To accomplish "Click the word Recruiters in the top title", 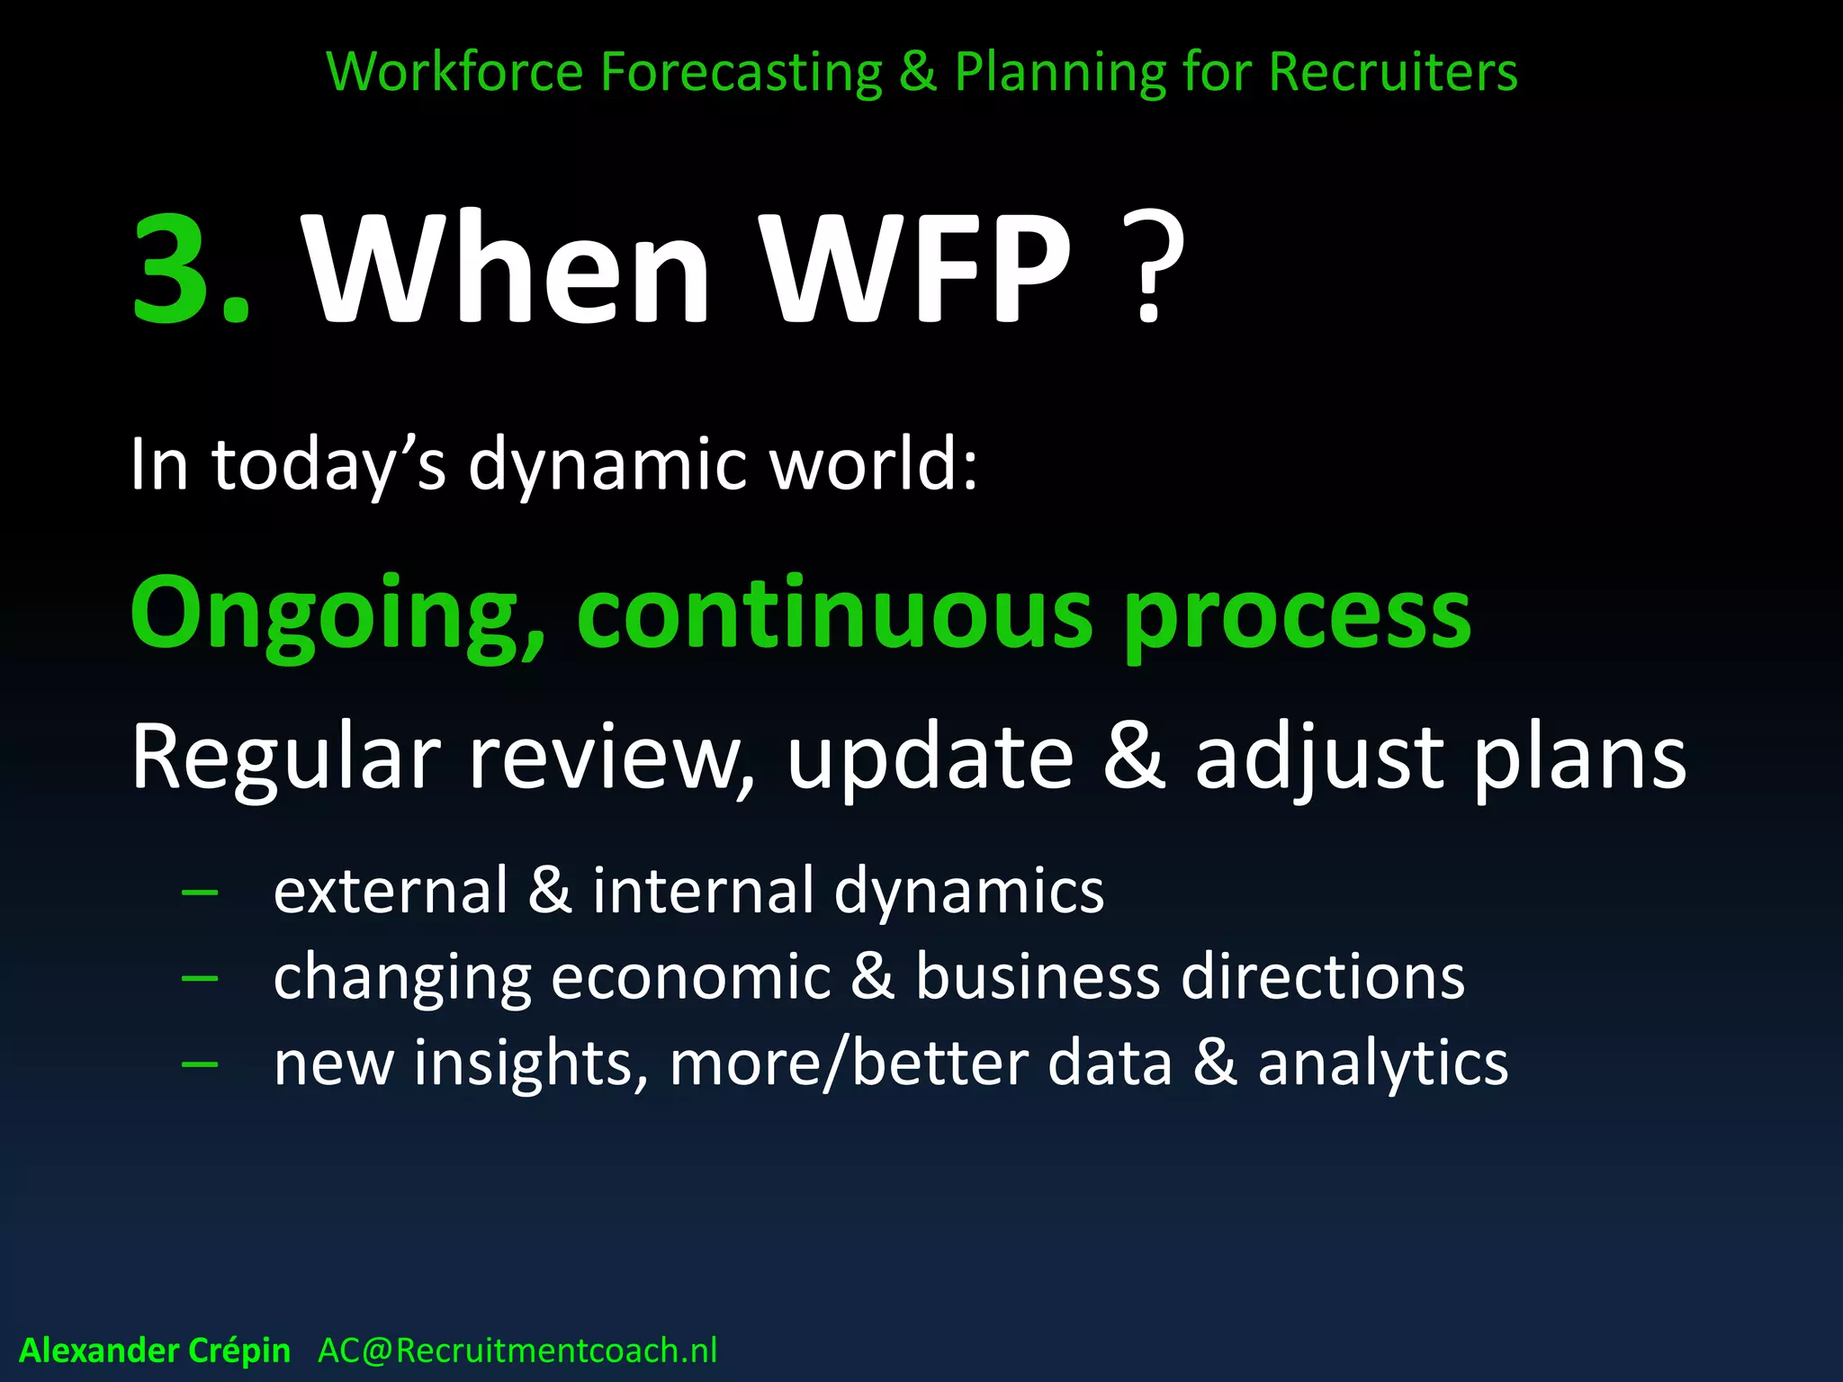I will [x=1393, y=72].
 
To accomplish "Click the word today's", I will [x=328, y=466].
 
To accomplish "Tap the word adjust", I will [x=1319, y=758].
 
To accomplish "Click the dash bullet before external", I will [x=200, y=892].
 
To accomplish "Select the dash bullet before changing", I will [x=200, y=978].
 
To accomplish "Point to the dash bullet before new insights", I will [x=200, y=1064].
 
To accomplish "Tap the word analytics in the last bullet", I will [x=1382, y=1064].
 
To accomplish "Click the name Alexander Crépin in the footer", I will [x=155, y=1351].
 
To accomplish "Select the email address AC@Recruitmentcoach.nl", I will [x=517, y=1351].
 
